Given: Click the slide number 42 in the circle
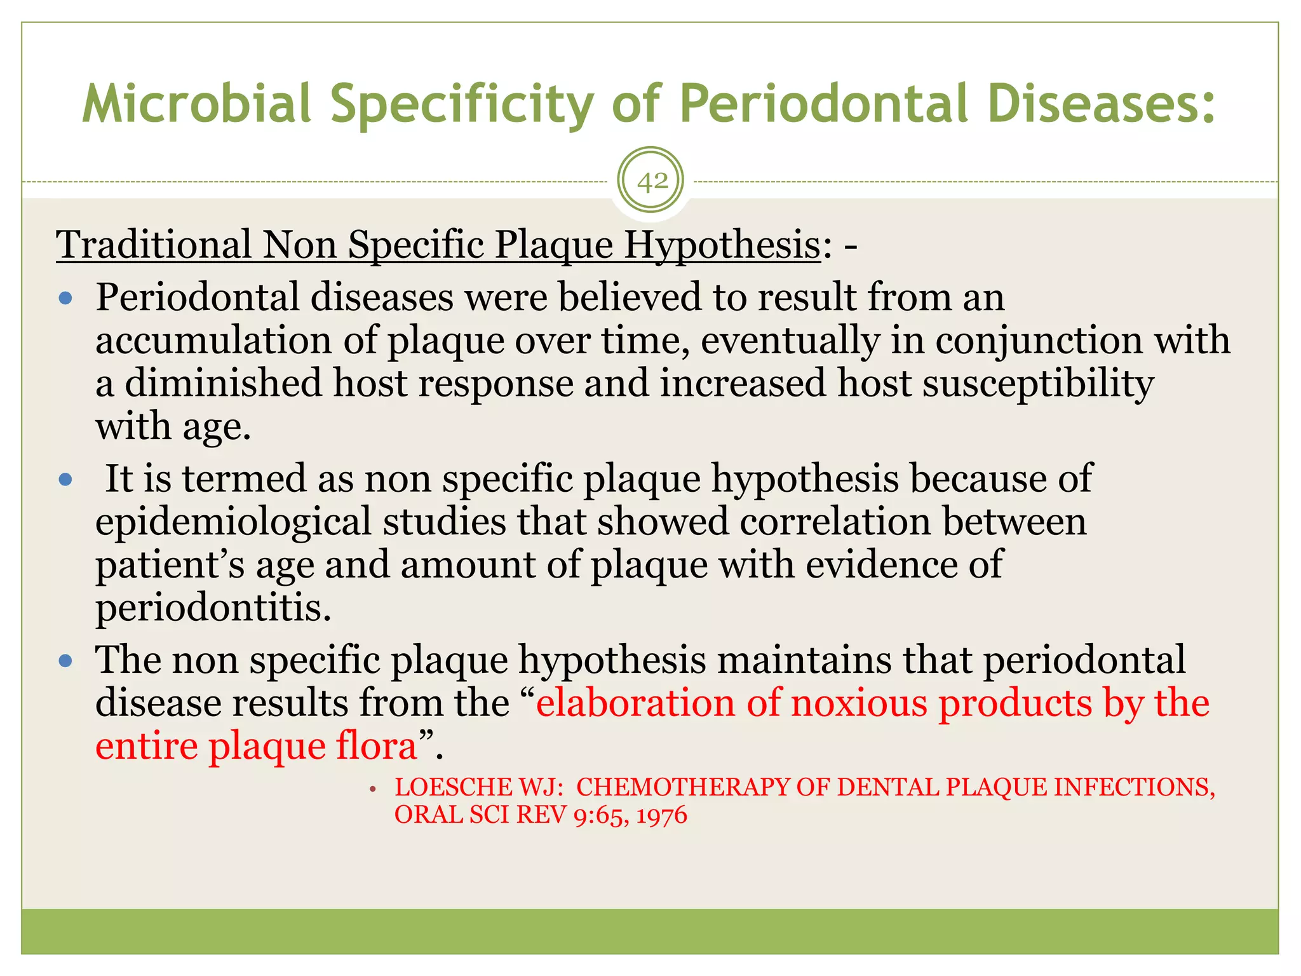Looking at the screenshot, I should tap(652, 182).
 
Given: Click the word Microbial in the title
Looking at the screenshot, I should tap(196, 104).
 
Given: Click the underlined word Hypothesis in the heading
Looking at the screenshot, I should tap(722, 245).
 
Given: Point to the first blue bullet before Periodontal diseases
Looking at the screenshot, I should tap(65, 298).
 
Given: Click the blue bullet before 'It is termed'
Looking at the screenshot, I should tap(65, 479).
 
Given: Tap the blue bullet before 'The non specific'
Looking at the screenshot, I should tap(65, 661).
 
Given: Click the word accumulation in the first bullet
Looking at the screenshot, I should tap(213, 341).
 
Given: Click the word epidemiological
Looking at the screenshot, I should tap(233, 522).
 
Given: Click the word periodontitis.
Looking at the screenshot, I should tap(213, 608).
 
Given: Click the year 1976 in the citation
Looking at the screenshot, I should tap(661, 815).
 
